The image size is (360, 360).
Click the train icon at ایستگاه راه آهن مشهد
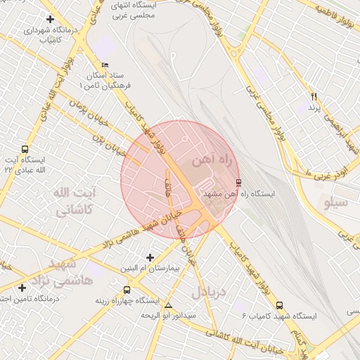coord(238,182)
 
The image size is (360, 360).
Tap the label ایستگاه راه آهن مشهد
coord(239,193)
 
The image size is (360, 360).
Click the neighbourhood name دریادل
coord(210,290)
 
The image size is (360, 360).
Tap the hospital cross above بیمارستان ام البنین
coord(149,258)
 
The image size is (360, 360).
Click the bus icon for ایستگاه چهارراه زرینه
coord(127,290)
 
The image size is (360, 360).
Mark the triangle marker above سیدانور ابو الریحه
coord(167,305)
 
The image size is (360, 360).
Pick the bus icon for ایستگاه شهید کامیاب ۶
coord(280,306)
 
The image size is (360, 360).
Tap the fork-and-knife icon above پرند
coord(314,96)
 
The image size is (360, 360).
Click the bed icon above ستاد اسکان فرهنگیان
coord(105,65)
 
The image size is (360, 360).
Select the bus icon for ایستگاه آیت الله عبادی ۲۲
coord(25,149)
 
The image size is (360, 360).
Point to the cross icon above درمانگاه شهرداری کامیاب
coord(49,19)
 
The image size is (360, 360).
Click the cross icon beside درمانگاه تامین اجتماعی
coord(22,288)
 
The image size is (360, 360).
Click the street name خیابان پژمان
coord(89,112)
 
